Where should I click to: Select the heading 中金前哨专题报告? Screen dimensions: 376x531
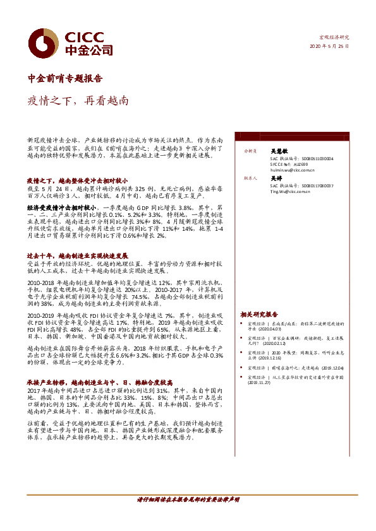click(x=65, y=79)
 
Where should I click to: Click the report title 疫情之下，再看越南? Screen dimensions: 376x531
click(x=78, y=100)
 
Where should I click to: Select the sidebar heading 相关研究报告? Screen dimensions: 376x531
click(x=259, y=314)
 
